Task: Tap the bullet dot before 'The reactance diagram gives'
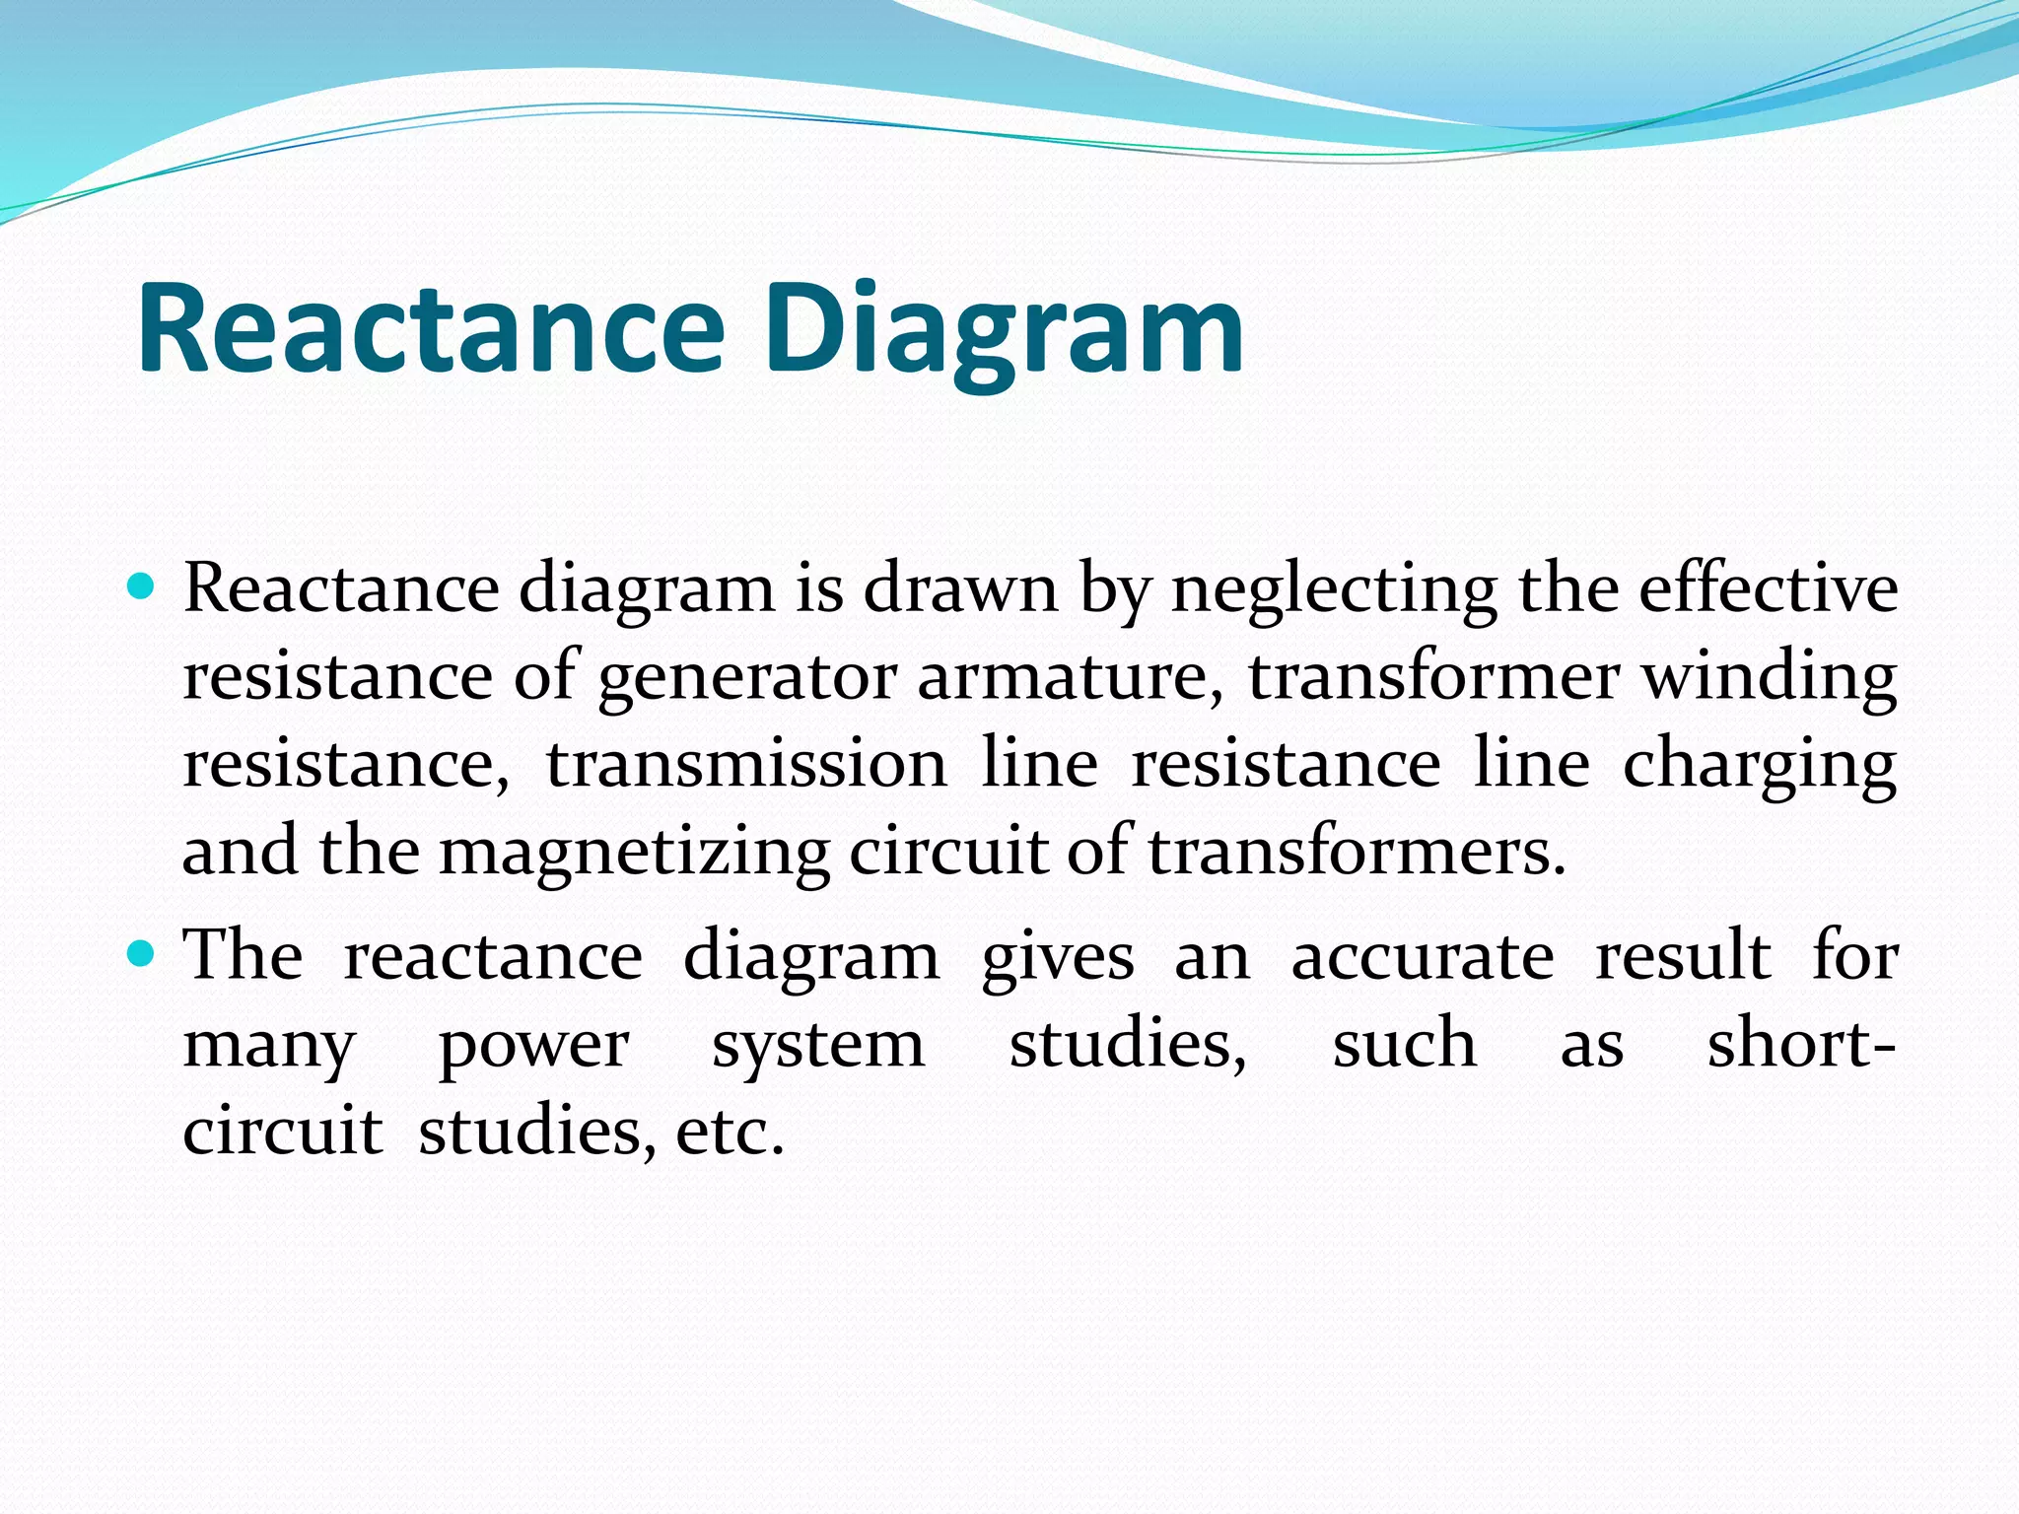(x=142, y=954)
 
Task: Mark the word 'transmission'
(x=746, y=764)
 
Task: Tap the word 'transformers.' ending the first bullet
(x=1357, y=851)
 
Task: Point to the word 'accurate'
(x=1423, y=956)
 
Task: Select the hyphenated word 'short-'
(x=1801, y=1043)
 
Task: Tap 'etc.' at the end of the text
(x=730, y=1132)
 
